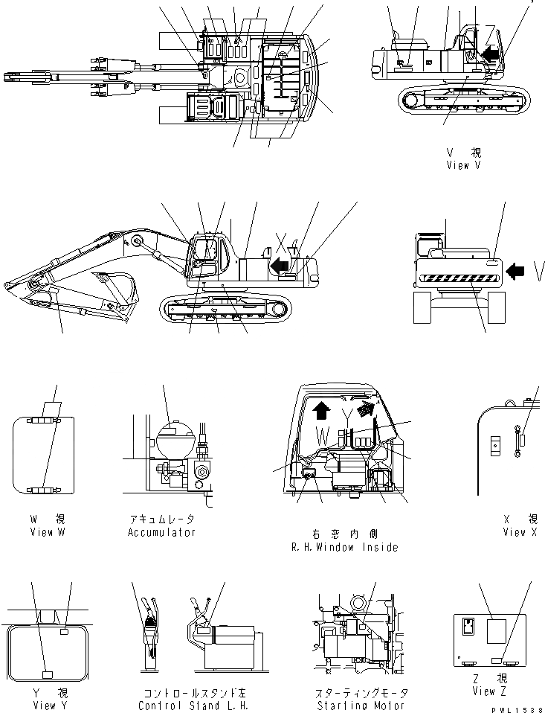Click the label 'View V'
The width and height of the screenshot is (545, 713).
coord(468,165)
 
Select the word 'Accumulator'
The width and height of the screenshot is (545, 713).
coord(161,532)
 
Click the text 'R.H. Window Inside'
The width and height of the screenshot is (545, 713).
coord(345,547)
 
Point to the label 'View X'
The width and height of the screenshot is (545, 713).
coord(524,532)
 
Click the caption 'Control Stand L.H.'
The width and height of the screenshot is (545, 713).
coord(192,706)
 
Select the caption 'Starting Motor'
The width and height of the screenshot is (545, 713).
coord(361,706)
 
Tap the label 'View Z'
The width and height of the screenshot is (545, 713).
coord(494,691)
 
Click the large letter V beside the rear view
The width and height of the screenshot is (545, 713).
coord(537,272)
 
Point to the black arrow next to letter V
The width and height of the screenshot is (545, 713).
coord(516,272)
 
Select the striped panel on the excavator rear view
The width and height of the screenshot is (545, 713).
coord(456,279)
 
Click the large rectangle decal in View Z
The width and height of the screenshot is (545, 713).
coord(497,633)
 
